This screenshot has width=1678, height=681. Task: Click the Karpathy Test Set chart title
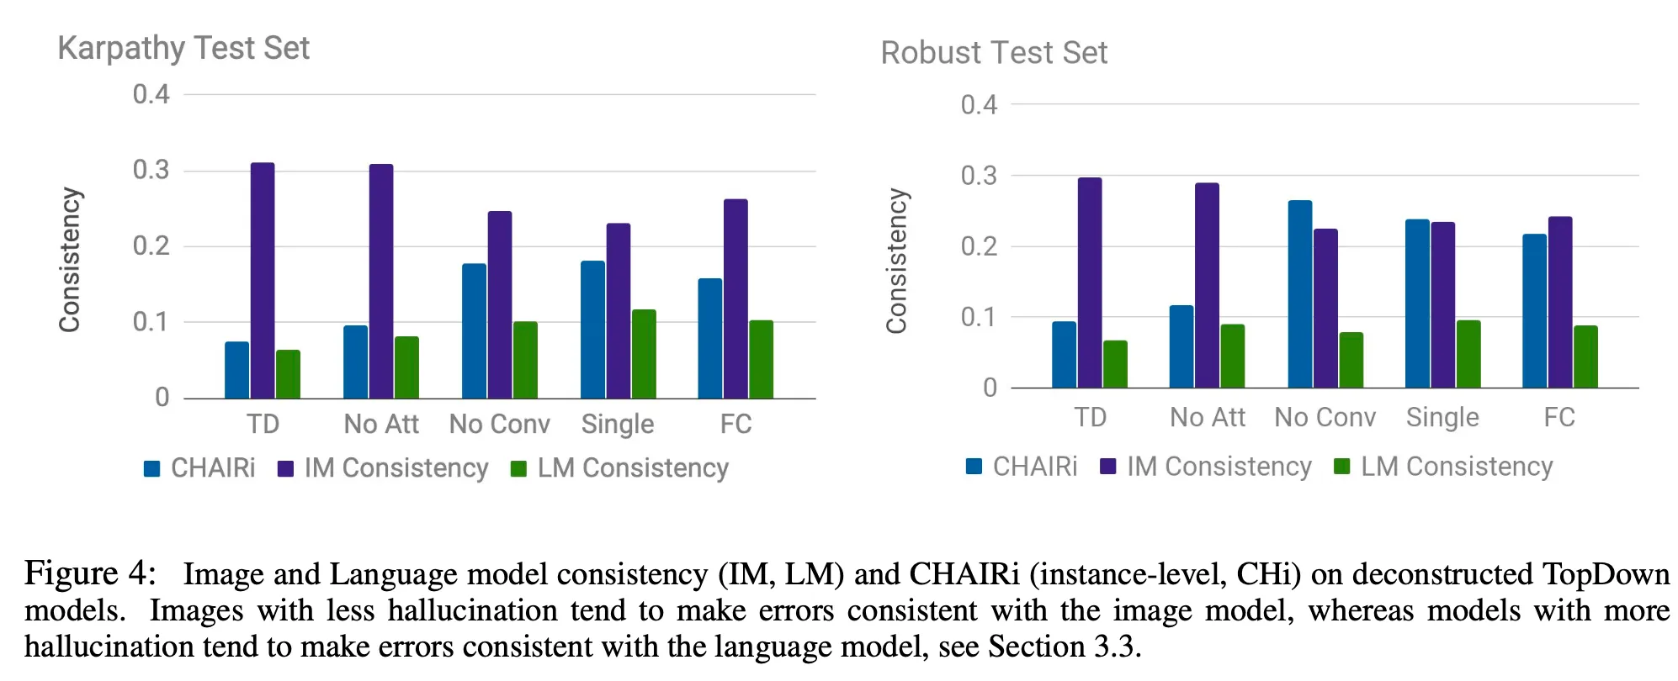click(x=183, y=49)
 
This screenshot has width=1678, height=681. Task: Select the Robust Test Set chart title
click(x=994, y=53)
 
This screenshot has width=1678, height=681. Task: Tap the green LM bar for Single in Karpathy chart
click(x=644, y=354)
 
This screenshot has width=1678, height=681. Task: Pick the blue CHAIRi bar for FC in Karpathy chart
click(x=709, y=338)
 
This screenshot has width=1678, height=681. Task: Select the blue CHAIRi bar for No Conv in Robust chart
click(x=1299, y=294)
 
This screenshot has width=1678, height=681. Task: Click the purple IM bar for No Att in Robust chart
click(x=1207, y=285)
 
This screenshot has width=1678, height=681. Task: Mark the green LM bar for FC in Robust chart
click(x=1585, y=356)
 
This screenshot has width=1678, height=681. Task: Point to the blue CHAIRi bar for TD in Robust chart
click(x=1064, y=354)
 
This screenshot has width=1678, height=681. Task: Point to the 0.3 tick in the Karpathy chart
click(x=151, y=170)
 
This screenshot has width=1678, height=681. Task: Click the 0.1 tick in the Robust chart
click(x=979, y=317)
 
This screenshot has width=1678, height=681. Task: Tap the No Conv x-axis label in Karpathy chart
click(x=499, y=424)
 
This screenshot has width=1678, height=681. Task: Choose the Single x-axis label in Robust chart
click(x=1442, y=417)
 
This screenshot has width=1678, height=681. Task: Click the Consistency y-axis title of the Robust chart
click(x=897, y=261)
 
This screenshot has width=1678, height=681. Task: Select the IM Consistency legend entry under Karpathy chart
click(x=396, y=467)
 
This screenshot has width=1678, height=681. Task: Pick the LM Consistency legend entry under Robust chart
click(x=1456, y=467)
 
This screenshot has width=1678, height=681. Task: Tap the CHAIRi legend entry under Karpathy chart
click(x=212, y=467)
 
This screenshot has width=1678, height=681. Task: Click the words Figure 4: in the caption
click(x=90, y=573)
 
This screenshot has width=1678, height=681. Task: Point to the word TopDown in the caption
click(x=1606, y=573)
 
